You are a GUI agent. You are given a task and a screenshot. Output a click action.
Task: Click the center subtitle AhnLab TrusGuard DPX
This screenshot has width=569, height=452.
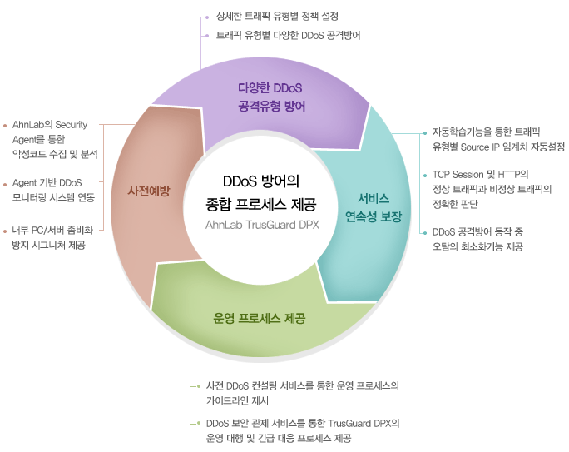[262, 225]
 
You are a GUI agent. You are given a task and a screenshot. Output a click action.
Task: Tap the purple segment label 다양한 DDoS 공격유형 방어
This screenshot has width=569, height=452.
[270, 97]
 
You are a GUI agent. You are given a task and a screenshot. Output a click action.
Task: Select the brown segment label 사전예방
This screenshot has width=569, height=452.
[148, 191]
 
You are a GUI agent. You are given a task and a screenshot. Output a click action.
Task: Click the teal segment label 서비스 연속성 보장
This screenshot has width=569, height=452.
[374, 207]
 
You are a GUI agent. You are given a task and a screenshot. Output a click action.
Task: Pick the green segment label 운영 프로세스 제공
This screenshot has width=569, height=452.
[259, 318]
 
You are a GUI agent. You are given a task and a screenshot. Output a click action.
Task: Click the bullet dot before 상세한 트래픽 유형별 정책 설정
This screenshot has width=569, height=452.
[207, 17]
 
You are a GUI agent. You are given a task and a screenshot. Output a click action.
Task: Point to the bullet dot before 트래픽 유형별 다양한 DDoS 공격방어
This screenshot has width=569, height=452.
[207, 36]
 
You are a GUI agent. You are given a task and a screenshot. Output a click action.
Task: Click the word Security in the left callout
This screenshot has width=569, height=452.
[72, 125]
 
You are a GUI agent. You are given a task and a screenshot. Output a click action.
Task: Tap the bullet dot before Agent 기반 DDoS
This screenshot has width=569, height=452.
[5, 185]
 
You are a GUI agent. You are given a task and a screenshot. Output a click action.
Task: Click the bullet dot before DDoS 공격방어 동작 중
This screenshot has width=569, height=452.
[425, 233]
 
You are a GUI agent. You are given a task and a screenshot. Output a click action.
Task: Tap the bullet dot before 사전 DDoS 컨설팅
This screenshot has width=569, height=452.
[199, 386]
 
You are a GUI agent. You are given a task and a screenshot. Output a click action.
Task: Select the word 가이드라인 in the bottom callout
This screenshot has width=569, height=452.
[226, 401]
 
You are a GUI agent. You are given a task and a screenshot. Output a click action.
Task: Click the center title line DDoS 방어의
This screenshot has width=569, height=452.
[260, 181]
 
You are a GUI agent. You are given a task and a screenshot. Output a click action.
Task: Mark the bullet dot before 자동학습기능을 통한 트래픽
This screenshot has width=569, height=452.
[425, 133]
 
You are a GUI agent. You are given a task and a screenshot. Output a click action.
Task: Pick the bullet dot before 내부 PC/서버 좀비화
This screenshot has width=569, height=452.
[5, 231]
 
